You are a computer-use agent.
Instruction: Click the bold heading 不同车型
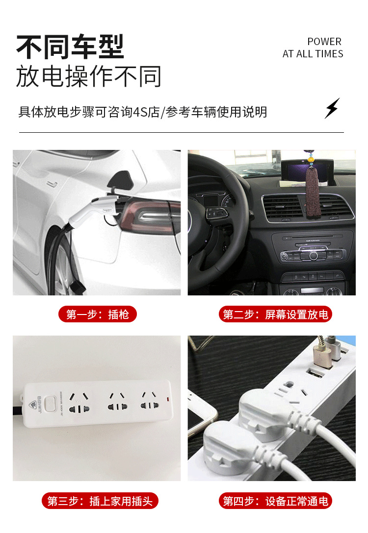pyautogui.click(x=70, y=47)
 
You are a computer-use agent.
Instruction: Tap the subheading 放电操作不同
pyautogui.click(x=89, y=76)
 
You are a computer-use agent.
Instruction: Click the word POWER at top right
pyautogui.click(x=324, y=42)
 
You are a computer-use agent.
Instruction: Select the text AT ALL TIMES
pyautogui.click(x=313, y=54)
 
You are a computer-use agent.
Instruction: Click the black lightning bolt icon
pyautogui.click(x=332, y=108)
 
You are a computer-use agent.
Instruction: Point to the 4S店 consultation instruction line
pyautogui.click(x=142, y=112)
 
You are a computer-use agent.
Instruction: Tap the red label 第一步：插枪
pyautogui.click(x=97, y=314)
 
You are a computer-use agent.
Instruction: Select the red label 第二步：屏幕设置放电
pyautogui.click(x=275, y=314)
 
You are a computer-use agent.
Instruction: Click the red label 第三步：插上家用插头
pyautogui.click(x=100, y=501)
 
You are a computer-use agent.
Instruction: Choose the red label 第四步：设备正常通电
pyautogui.click(x=275, y=501)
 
